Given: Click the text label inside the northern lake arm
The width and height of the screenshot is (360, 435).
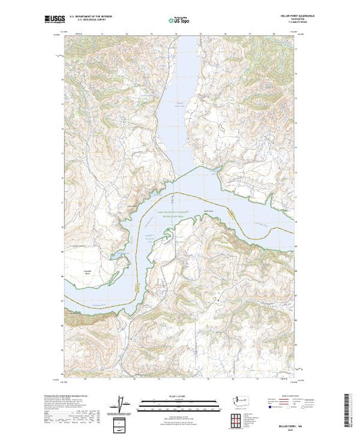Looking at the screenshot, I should (178, 104).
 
